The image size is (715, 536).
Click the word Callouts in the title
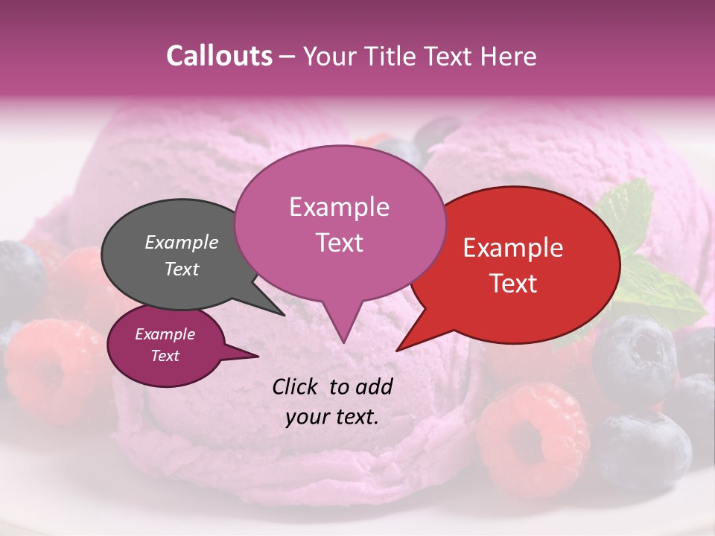[x=219, y=56]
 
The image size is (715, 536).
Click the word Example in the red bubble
[x=513, y=248]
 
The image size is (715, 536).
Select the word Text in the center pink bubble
[x=339, y=242]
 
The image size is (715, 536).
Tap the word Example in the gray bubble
[x=182, y=242]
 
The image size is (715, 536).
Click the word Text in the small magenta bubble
[x=165, y=356]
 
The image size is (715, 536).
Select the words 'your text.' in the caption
[x=331, y=417]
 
